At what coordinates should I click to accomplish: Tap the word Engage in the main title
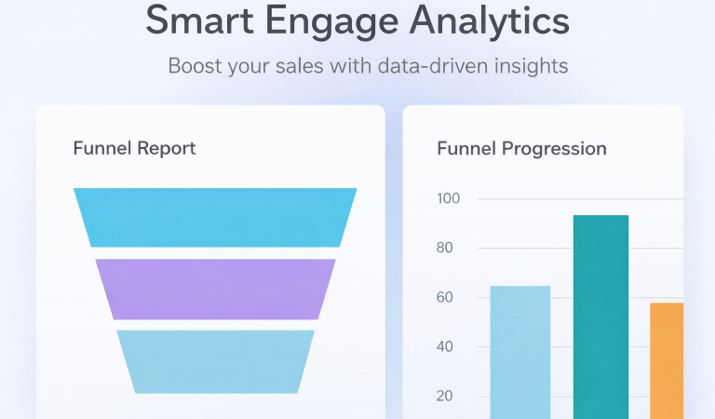(x=348, y=21)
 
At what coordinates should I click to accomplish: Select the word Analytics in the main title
(x=499, y=21)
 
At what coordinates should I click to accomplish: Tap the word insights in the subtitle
(x=534, y=66)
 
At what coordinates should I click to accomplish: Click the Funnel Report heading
(x=134, y=148)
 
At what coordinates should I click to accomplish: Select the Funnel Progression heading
(x=521, y=148)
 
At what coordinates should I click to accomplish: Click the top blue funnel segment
(x=215, y=218)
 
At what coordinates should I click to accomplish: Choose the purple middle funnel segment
(x=215, y=289)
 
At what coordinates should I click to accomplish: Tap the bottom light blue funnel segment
(x=215, y=361)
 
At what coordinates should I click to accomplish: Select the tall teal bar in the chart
(x=600, y=317)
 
